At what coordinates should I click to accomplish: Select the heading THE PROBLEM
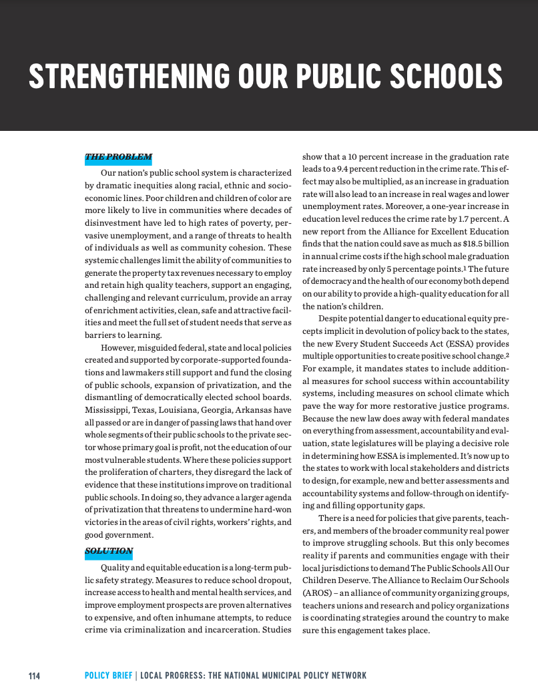(118, 158)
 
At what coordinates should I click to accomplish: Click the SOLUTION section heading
(109, 551)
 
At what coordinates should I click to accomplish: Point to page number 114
(34, 676)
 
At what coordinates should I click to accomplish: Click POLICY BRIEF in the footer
(108, 676)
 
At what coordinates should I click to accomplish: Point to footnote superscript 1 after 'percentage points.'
(447, 267)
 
